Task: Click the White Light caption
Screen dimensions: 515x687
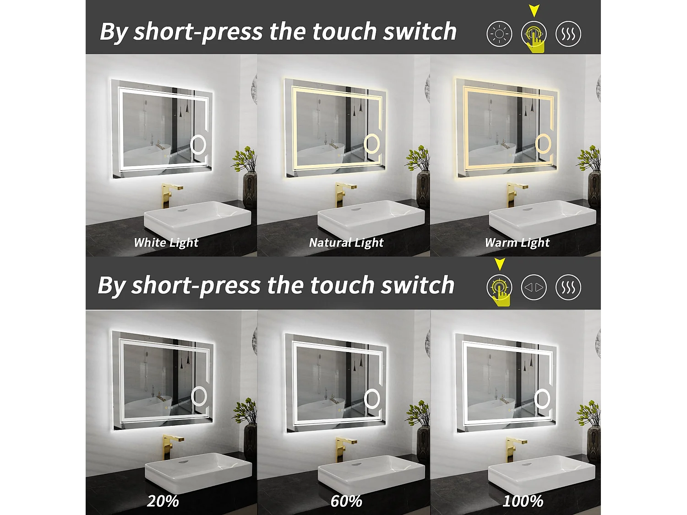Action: click(x=166, y=243)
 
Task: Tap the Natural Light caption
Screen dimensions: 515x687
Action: click(x=346, y=243)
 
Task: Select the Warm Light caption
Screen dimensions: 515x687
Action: click(x=517, y=243)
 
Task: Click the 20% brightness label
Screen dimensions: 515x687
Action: click(x=163, y=501)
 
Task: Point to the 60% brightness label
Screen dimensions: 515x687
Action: click(x=346, y=501)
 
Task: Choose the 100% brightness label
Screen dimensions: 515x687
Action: click(x=523, y=501)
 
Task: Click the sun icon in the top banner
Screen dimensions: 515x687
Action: click(x=499, y=34)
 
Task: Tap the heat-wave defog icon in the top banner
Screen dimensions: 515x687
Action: click(x=568, y=34)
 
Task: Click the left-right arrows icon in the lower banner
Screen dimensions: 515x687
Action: click(x=534, y=287)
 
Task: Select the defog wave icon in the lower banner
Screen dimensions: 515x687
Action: click(x=568, y=287)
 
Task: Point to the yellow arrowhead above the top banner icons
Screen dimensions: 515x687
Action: click(x=534, y=11)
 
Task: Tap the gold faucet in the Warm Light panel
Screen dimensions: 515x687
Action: click(x=515, y=194)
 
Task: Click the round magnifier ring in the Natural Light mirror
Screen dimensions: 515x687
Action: click(x=372, y=145)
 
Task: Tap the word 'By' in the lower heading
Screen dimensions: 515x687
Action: click(x=111, y=286)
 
